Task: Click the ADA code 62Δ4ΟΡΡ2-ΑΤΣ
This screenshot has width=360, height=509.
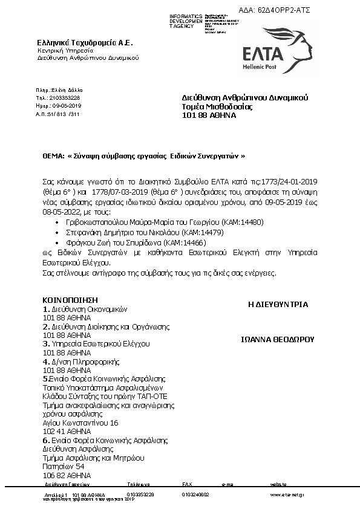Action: click(284, 11)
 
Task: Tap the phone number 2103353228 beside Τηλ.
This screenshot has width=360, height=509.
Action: click(66, 97)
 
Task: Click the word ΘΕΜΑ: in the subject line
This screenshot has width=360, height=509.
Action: click(53, 155)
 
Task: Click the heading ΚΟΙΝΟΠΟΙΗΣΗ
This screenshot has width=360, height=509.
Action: click(70, 300)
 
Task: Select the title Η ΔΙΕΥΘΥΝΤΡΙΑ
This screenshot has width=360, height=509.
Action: click(278, 305)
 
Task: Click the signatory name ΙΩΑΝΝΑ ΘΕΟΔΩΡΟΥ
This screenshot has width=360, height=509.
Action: click(278, 340)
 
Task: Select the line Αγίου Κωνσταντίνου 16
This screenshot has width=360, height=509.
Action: click(80, 423)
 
